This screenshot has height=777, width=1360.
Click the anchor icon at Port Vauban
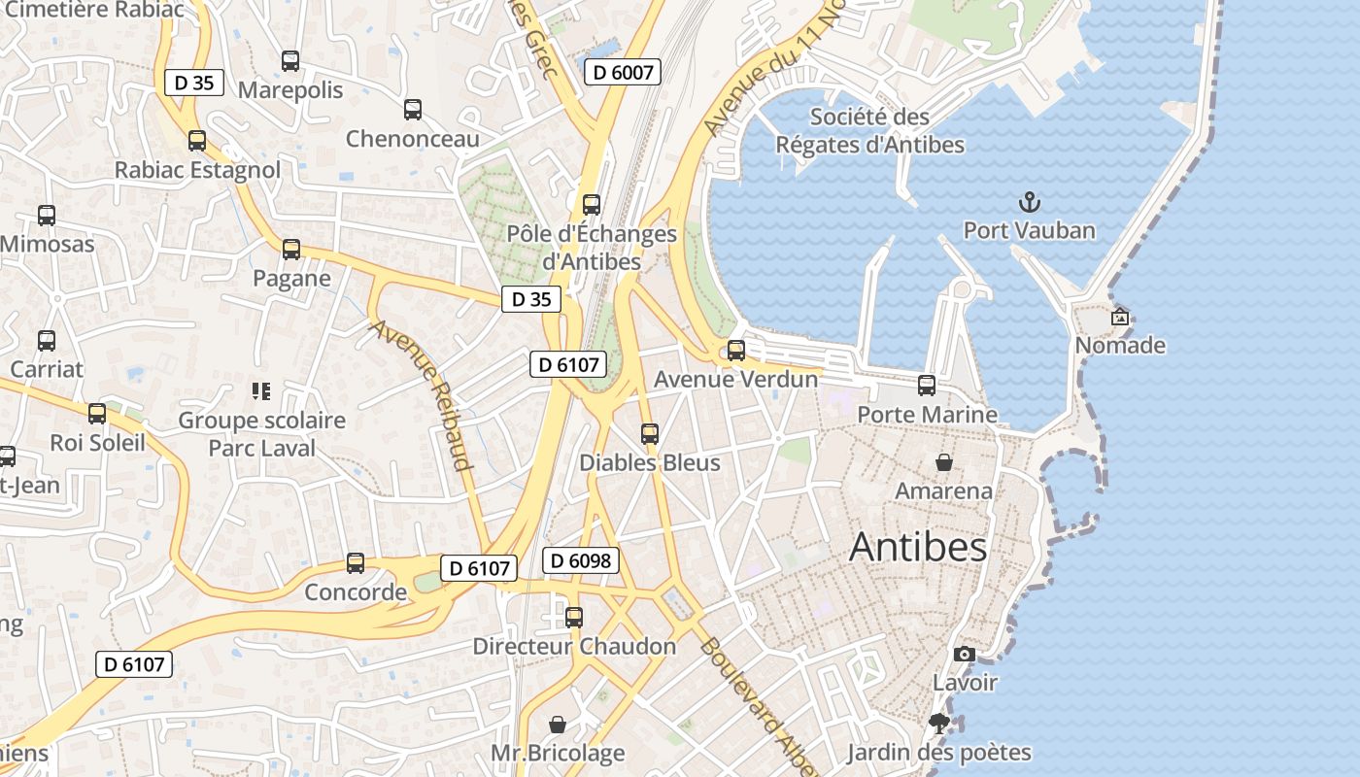click(x=1029, y=202)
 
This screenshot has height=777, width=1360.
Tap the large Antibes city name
click(x=918, y=548)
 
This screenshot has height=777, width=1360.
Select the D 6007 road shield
click(x=623, y=71)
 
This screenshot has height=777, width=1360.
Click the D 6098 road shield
click(x=581, y=560)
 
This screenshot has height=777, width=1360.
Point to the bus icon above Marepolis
click(x=290, y=61)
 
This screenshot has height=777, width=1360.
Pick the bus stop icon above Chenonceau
click(x=413, y=110)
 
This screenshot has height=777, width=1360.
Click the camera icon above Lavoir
click(x=965, y=654)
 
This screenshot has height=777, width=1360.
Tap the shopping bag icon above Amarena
click(x=943, y=462)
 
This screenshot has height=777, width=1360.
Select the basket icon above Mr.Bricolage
click(x=558, y=725)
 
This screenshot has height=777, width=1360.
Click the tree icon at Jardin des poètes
click(x=938, y=723)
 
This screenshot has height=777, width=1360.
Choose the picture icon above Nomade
click(x=1120, y=317)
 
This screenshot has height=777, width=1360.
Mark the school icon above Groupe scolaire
click(x=261, y=391)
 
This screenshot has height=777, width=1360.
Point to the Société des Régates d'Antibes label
click(x=869, y=131)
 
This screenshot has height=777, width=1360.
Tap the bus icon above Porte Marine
click(x=927, y=386)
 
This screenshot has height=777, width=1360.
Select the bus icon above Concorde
click(x=356, y=563)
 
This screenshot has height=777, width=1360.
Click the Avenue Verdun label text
click(x=735, y=379)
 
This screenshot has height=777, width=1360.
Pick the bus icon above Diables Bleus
click(x=650, y=434)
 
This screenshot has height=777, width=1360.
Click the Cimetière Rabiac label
click(x=94, y=9)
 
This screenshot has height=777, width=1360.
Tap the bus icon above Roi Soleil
click(x=97, y=414)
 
